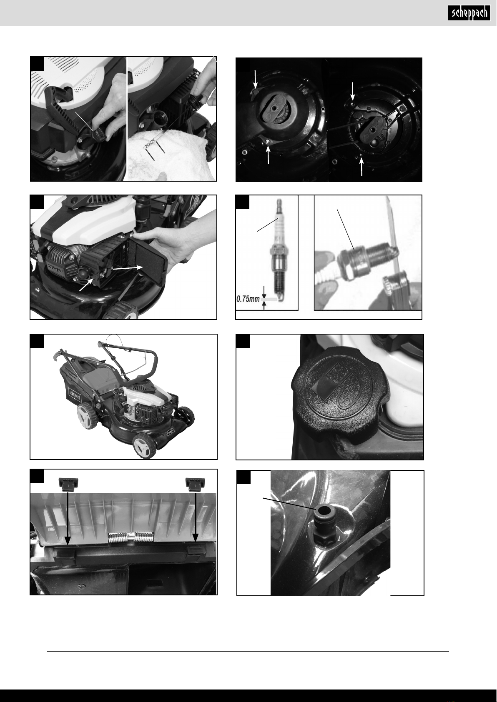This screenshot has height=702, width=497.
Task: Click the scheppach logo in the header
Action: [x=469, y=13]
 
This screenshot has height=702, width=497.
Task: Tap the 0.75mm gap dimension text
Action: [x=247, y=299]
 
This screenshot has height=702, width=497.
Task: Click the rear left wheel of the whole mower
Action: [x=87, y=416]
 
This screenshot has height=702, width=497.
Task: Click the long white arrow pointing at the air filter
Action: [x=126, y=267]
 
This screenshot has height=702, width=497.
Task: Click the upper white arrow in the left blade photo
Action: [x=256, y=79]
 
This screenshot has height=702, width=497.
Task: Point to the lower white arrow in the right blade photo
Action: [x=362, y=166]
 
